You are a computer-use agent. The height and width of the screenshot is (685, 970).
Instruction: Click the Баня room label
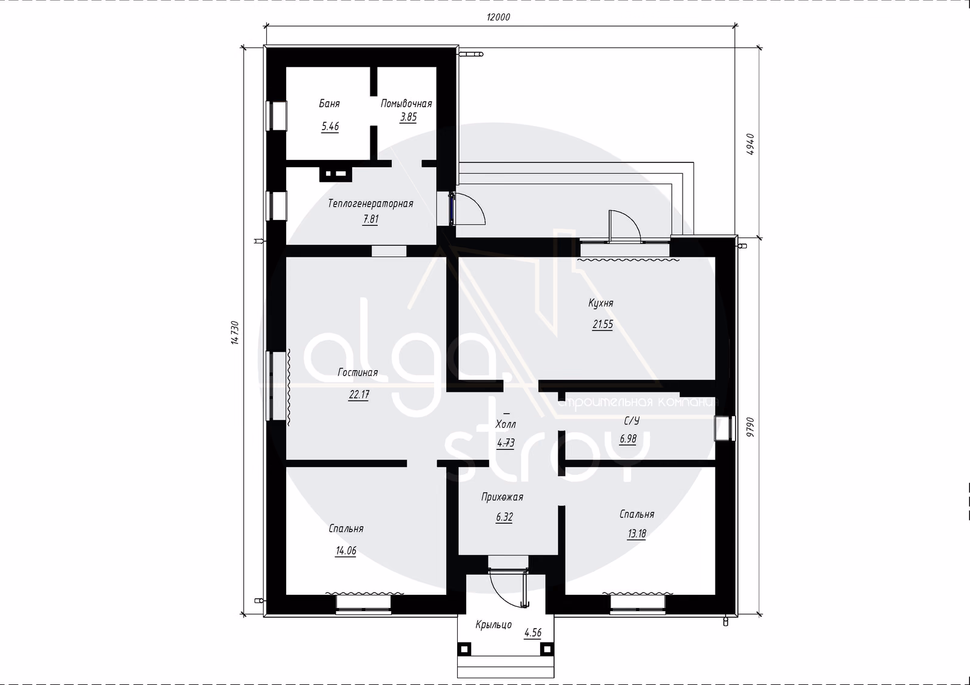tap(329, 104)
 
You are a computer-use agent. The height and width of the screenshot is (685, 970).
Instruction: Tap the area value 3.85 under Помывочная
tap(408, 117)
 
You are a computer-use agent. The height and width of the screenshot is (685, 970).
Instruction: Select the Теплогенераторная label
tap(370, 204)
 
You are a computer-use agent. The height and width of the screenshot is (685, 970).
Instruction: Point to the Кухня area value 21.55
tap(603, 325)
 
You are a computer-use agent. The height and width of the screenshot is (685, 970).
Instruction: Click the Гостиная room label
tap(358, 372)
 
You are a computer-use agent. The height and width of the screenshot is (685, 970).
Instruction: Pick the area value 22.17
tap(359, 395)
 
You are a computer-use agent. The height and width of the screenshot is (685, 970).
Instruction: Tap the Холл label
tap(506, 424)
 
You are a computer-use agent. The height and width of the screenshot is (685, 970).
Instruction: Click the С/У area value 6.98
tap(628, 438)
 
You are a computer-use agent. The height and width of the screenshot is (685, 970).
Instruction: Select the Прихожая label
tap(503, 497)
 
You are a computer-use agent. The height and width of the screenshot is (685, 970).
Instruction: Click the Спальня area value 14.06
tap(346, 551)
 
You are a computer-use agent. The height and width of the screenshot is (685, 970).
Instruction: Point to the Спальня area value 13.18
tap(637, 534)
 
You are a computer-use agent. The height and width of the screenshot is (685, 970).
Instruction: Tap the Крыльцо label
tap(493, 624)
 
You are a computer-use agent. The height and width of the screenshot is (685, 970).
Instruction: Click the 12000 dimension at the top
tap(498, 17)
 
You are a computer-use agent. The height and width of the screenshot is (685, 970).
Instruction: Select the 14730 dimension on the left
tap(235, 333)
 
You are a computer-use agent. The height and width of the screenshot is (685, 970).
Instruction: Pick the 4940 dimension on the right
tap(751, 144)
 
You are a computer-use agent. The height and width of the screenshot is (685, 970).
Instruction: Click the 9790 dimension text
tap(751, 426)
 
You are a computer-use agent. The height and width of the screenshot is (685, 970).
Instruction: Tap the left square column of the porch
tap(464, 649)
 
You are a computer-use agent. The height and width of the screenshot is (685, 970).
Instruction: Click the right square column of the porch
tap(547, 649)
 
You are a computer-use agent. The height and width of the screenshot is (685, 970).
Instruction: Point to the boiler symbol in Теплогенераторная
tap(336, 174)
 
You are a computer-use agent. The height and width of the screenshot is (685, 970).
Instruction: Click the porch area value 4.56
tap(533, 633)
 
